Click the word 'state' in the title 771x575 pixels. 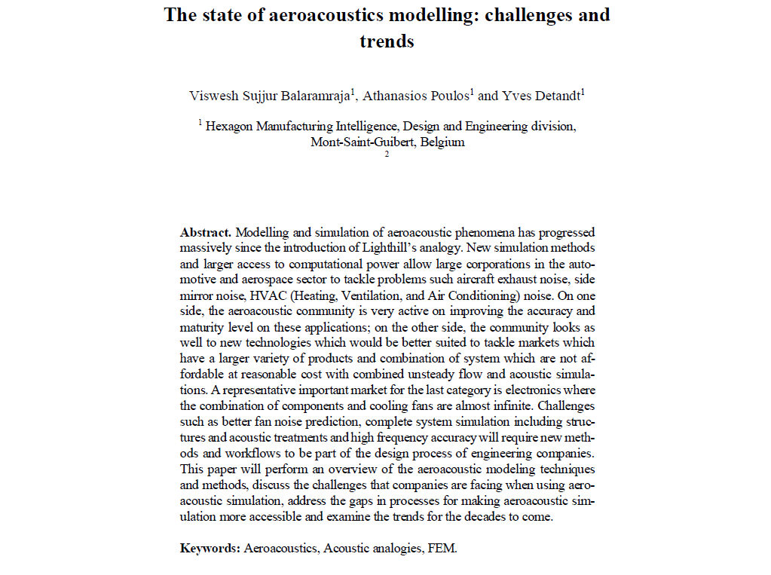click(229, 15)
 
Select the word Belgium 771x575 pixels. click(442, 142)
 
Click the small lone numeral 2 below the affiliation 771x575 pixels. click(387, 154)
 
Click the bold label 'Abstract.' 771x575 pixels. click(206, 232)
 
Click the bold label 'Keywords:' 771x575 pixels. click(210, 548)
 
